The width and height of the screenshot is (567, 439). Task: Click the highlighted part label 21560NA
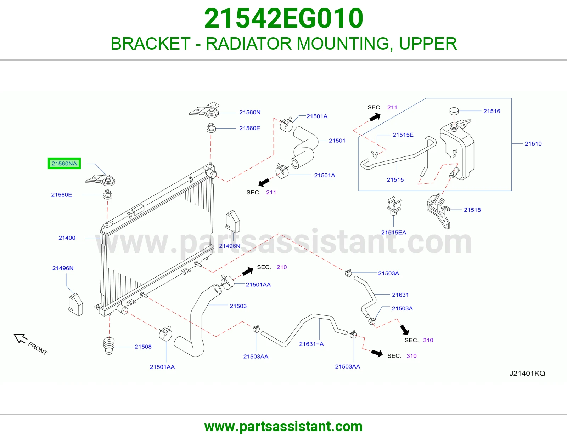[x=64, y=164]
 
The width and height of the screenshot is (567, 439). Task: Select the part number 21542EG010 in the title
[x=283, y=18]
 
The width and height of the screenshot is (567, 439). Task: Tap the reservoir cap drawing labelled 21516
[x=454, y=111]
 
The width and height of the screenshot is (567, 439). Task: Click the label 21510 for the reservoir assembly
[x=533, y=144]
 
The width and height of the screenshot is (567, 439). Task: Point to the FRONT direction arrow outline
[x=20, y=338]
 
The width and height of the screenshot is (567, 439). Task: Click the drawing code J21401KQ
[x=527, y=373]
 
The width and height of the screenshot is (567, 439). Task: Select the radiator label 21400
[x=67, y=238]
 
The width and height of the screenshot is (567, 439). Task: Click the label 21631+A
[x=311, y=344]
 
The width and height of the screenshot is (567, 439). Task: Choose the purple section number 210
[x=281, y=267]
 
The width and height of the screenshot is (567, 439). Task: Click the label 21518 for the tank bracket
[x=472, y=210]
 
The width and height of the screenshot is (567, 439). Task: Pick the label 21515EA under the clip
[x=393, y=233]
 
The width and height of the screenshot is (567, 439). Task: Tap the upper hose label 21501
[x=337, y=141]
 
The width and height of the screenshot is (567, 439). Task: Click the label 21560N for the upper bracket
[x=250, y=112]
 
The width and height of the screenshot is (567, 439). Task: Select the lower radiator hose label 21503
[x=238, y=306]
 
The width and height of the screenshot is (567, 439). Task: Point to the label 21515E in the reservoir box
[x=403, y=135]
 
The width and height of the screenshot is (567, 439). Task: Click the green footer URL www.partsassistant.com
[x=283, y=427]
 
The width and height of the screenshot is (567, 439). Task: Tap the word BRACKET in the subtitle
[x=151, y=44]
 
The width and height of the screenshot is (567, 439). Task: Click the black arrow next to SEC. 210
[x=247, y=272]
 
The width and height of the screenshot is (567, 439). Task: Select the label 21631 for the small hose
[x=400, y=295]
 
